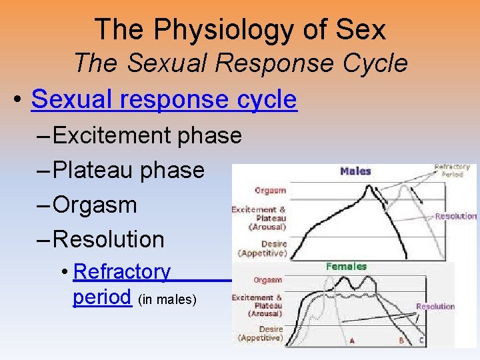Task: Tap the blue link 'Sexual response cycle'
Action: point(163,99)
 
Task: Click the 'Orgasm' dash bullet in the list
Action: point(94,205)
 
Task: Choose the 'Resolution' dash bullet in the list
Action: point(108,239)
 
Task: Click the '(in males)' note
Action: point(167,300)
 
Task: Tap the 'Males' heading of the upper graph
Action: point(355,171)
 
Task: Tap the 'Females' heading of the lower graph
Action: point(346,267)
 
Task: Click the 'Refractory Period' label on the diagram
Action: point(452,170)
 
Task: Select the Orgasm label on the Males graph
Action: point(271,191)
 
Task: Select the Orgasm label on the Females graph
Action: point(267,281)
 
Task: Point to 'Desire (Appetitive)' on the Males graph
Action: point(263,249)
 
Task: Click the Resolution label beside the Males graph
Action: point(456,216)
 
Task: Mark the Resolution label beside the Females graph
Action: point(435,307)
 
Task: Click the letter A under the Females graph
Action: point(351,341)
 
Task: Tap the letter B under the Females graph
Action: point(401,341)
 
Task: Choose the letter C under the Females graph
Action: point(421,341)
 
